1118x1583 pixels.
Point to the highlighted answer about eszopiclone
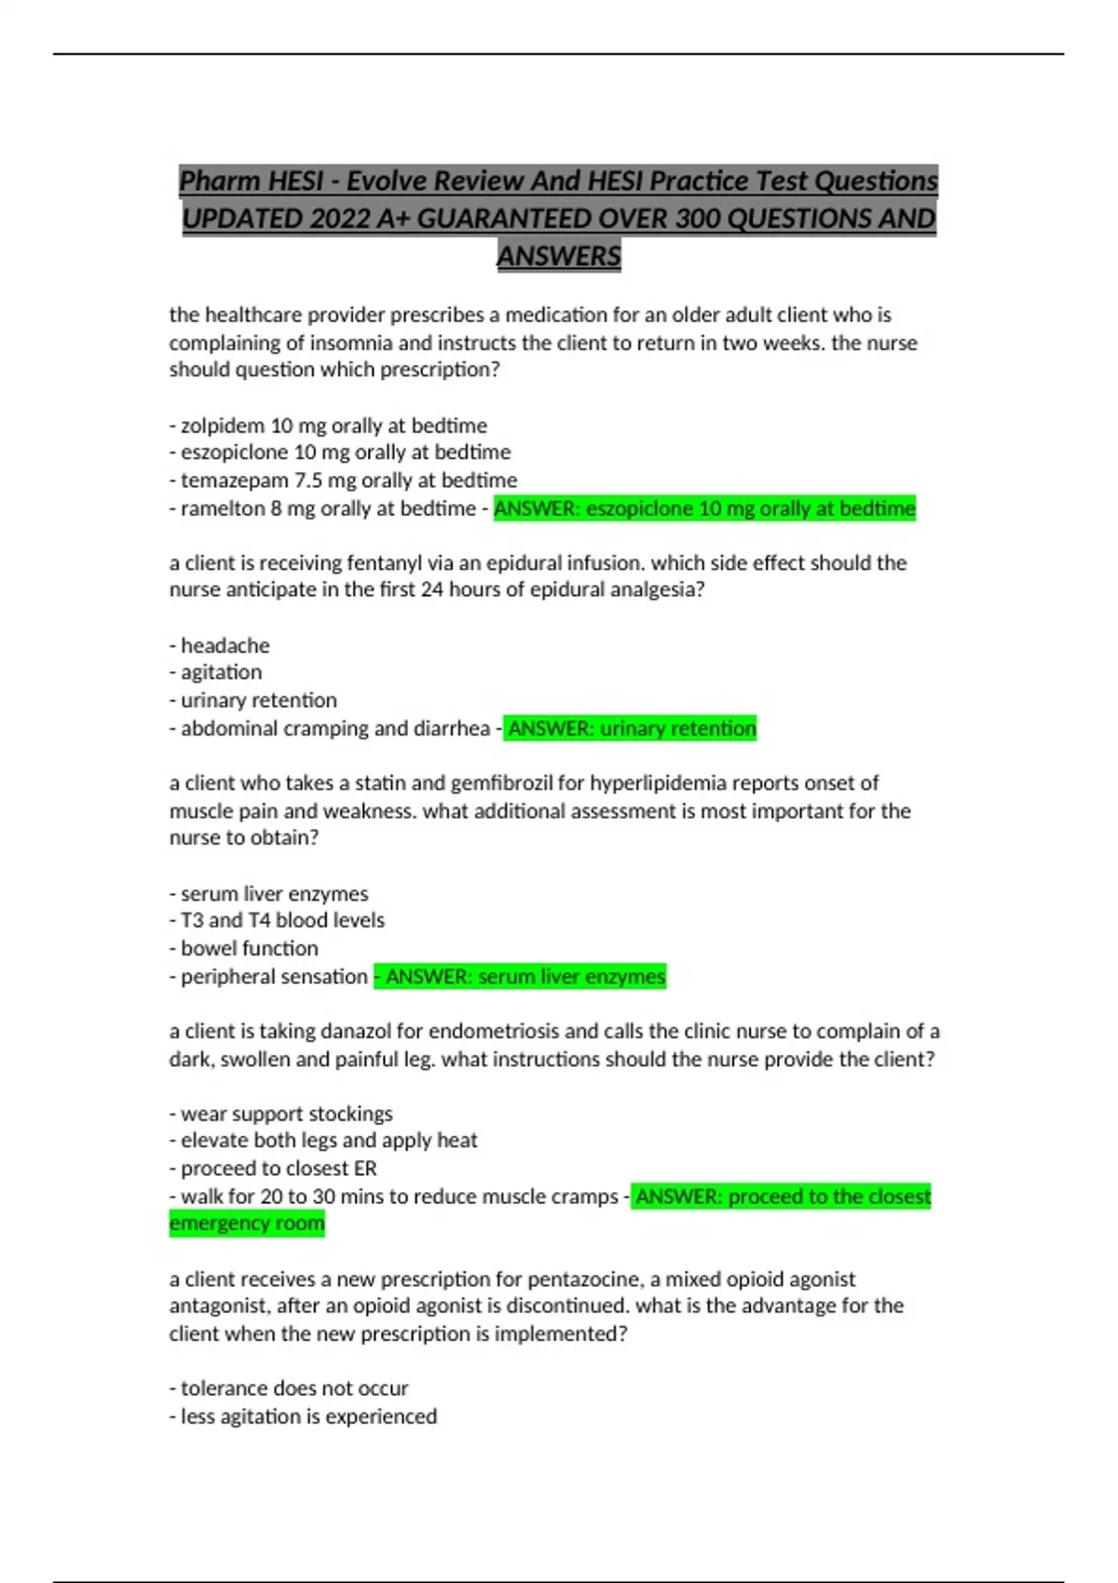[704, 508]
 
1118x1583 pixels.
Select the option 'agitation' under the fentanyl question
[221, 672]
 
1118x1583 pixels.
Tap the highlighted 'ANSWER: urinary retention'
[631, 728]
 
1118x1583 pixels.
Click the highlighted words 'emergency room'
[247, 1224]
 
